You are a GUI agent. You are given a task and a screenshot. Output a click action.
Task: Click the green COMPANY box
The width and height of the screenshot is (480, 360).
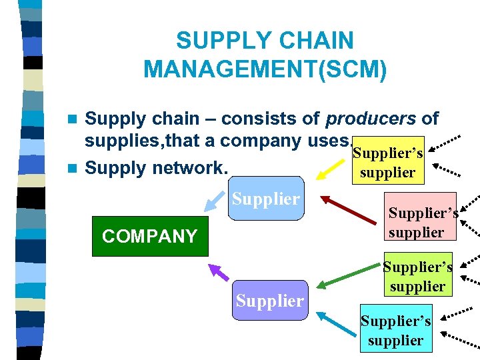[x=149, y=237]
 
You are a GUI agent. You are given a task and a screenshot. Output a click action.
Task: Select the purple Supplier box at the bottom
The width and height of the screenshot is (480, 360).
[x=269, y=300]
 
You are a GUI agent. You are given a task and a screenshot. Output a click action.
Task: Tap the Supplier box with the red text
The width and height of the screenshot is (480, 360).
[x=265, y=198]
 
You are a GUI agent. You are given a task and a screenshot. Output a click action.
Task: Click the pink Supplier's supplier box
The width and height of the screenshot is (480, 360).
[x=423, y=223]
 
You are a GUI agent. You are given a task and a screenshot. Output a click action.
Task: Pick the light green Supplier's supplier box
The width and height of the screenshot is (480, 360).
[x=418, y=277]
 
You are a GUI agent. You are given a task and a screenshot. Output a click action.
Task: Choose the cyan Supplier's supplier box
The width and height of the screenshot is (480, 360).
[x=396, y=330]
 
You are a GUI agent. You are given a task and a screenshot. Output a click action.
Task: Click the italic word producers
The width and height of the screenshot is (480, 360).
[x=370, y=119]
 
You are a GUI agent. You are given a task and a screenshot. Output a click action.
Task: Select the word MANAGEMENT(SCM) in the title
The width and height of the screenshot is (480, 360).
[x=265, y=69]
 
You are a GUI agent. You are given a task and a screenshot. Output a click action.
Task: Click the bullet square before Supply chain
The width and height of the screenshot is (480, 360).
[x=73, y=119]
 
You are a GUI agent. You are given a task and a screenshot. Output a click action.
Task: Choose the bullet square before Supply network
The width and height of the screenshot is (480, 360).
[x=73, y=168]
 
